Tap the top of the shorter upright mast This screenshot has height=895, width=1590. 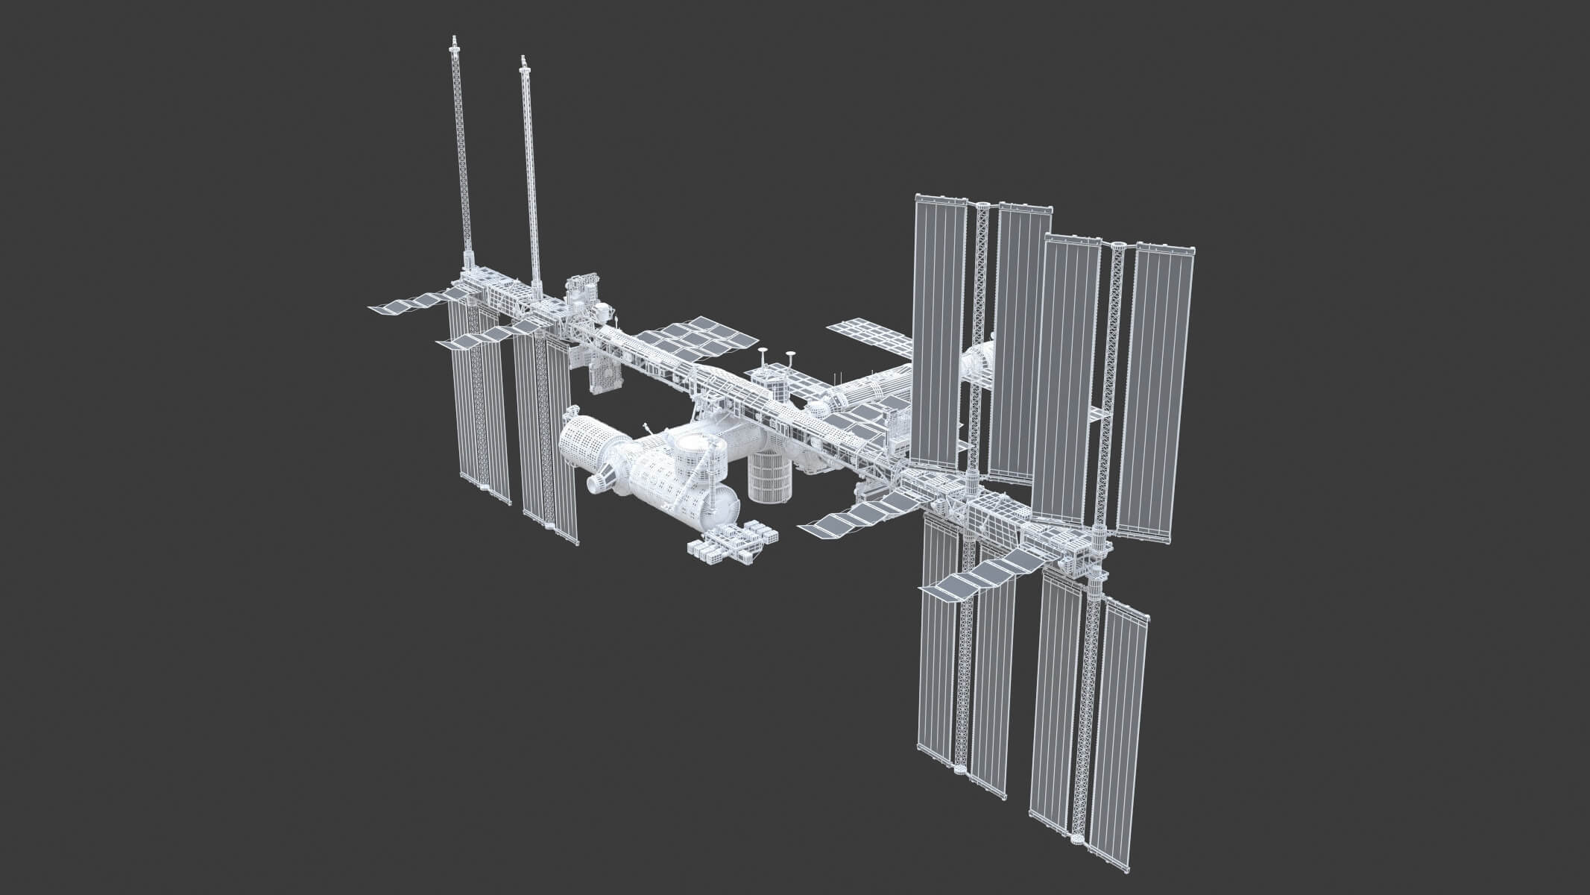coord(523,59)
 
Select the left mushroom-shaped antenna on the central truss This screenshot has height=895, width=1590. coord(762,351)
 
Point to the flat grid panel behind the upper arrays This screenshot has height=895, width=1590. coord(868,336)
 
